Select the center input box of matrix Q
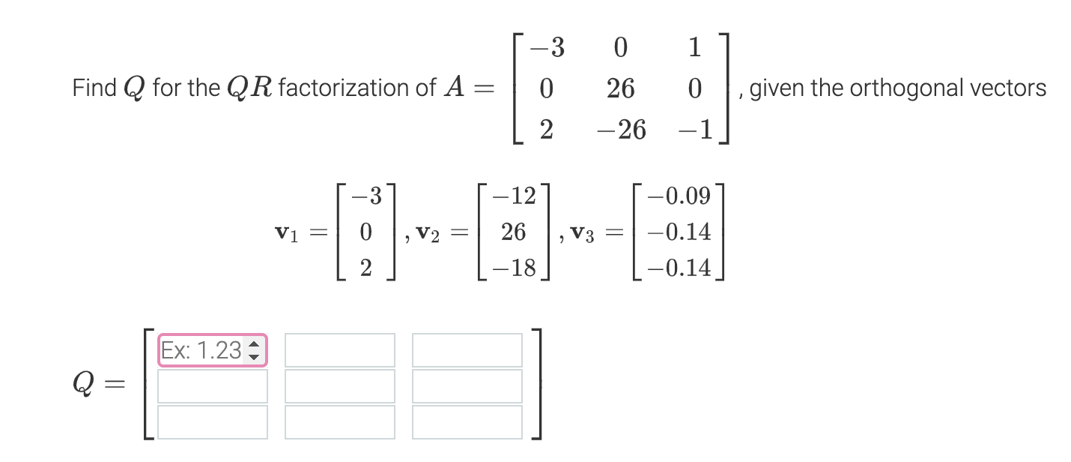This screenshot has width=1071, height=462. [339, 385]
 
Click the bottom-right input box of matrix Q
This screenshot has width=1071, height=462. [467, 421]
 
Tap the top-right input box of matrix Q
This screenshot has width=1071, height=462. [467, 350]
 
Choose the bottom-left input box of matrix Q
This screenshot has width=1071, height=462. [212, 421]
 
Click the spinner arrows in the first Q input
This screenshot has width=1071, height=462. [253, 350]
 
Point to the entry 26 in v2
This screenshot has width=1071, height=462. [513, 232]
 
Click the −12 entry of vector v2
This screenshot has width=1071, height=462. [513, 197]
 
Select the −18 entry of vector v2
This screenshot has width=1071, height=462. [513, 268]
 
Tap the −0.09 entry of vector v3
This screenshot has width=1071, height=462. [681, 197]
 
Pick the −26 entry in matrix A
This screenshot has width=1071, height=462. [621, 130]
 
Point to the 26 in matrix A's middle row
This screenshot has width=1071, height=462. [621, 89]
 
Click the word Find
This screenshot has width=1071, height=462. [94, 88]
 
